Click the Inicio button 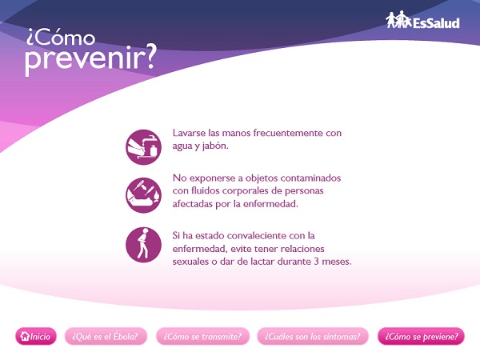tap(36, 336)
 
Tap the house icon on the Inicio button tap(25, 336)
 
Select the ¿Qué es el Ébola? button tap(106, 336)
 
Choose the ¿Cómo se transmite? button tap(202, 336)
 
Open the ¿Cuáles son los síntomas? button tap(313, 336)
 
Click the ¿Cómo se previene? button tap(422, 336)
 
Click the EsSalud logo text tap(436, 23)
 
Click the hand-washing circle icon tap(143, 147)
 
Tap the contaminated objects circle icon tap(143, 195)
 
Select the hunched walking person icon tap(143, 245)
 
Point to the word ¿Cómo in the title tap(61, 37)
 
